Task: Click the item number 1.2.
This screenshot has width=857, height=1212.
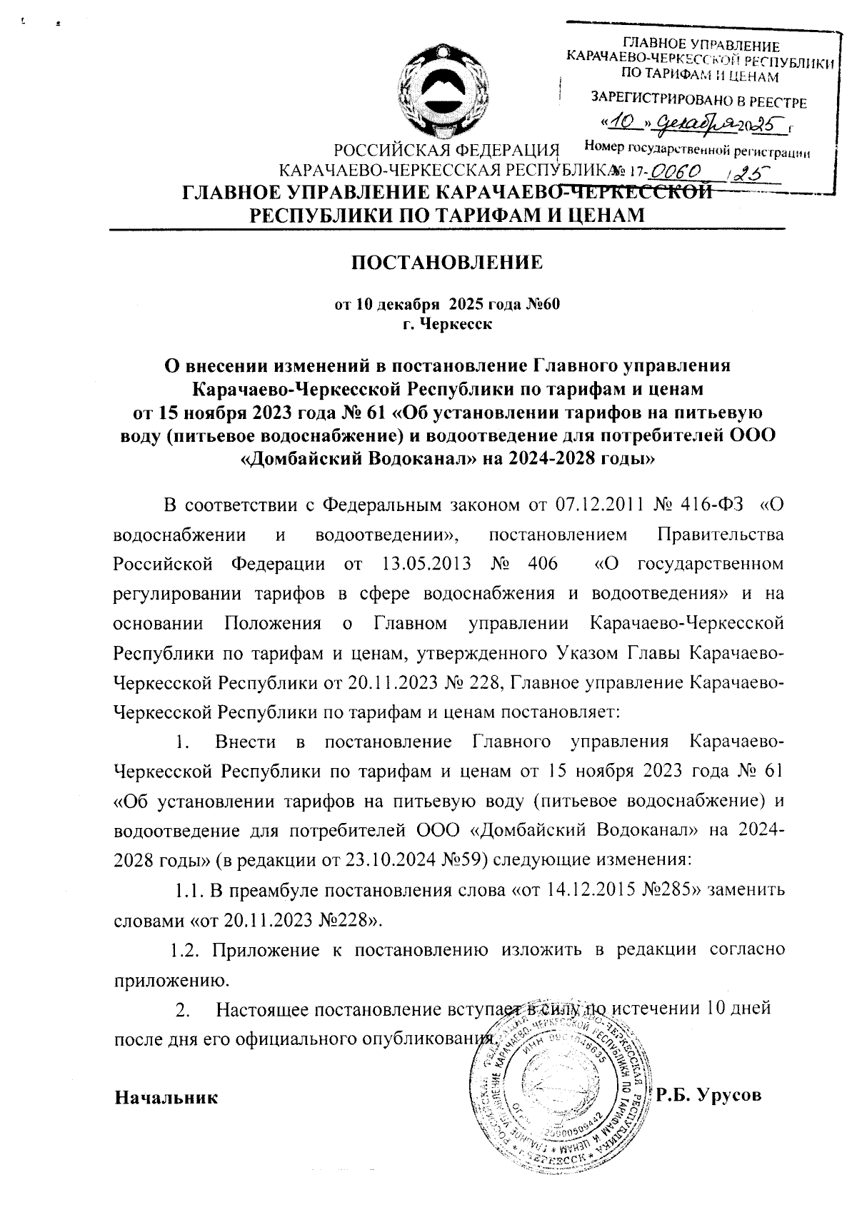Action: pyautogui.click(x=186, y=950)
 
